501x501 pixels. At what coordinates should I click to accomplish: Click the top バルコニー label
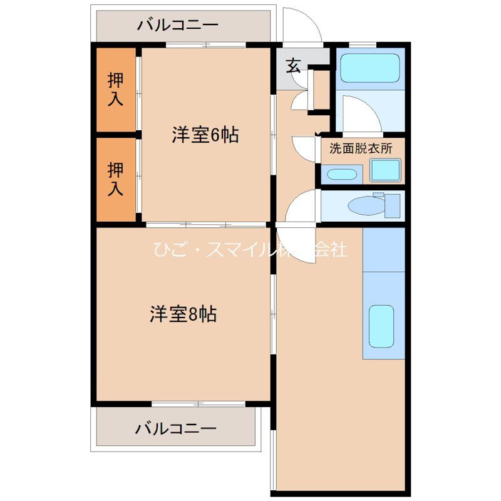178,26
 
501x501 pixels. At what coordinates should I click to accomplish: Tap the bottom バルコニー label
176,429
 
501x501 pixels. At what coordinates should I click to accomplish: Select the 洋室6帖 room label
205,135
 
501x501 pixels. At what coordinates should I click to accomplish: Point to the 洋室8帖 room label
183,314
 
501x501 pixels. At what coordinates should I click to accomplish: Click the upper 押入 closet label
115,89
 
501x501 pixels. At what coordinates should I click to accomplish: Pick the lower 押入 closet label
115,179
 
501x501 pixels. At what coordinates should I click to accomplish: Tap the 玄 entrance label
294,65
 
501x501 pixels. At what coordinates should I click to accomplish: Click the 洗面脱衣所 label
361,149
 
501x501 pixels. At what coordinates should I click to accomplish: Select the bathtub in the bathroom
369,68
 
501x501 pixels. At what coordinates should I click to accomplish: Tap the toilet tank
391,205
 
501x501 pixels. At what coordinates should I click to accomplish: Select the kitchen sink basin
381,326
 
